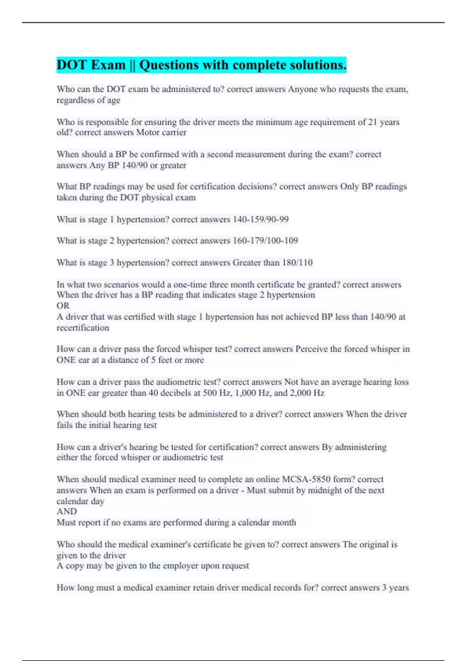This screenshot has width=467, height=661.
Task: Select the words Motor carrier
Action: pyautogui.click(x=162, y=133)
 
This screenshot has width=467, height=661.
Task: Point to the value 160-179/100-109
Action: pyautogui.click(x=265, y=241)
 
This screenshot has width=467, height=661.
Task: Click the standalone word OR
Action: pyautogui.click(x=63, y=306)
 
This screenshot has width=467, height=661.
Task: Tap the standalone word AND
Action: pyautogui.click(x=67, y=512)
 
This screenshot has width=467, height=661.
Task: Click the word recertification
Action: pyautogui.click(x=83, y=328)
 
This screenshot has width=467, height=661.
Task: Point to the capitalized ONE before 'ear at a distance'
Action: pyautogui.click(x=66, y=360)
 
